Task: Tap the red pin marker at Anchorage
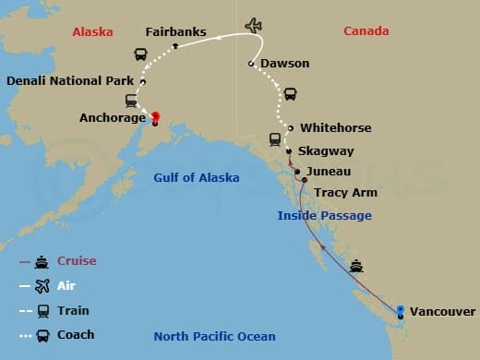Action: [155, 117]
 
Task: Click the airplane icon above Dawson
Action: [253, 25]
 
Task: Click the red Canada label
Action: [366, 31]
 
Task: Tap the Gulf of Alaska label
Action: [196, 177]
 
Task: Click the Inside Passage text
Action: [325, 215]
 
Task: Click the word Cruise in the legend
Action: [77, 261]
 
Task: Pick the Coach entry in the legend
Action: [76, 334]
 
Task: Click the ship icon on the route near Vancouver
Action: [356, 267]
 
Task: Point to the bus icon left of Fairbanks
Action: [141, 54]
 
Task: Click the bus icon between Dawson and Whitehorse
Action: [289, 93]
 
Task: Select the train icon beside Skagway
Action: [274, 139]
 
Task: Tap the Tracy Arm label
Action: [343, 194]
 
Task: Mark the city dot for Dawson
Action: [250, 64]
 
